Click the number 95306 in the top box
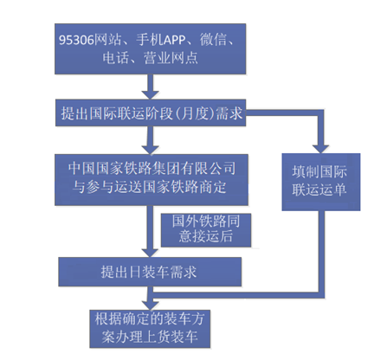[x=76, y=40]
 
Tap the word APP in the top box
[x=175, y=40]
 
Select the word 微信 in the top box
[x=214, y=39]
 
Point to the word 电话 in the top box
[x=116, y=58]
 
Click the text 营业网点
[x=171, y=58]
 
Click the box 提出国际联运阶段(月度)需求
[x=151, y=112]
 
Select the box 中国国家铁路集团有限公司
[x=152, y=180]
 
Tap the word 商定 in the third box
[x=212, y=187]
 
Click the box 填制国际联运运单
[x=321, y=182]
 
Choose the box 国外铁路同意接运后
[x=206, y=230]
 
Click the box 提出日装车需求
[x=150, y=272]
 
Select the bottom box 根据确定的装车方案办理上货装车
[x=150, y=329]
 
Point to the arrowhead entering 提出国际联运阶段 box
[x=150, y=94]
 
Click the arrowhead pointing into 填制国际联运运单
[x=320, y=149]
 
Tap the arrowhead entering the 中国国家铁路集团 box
[x=150, y=150]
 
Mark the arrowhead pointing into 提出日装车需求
[x=150, y=253]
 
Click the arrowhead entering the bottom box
[x=150, y=305]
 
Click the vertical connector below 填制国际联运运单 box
[x=321, y=251]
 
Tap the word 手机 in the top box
[x=150, y=39]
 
